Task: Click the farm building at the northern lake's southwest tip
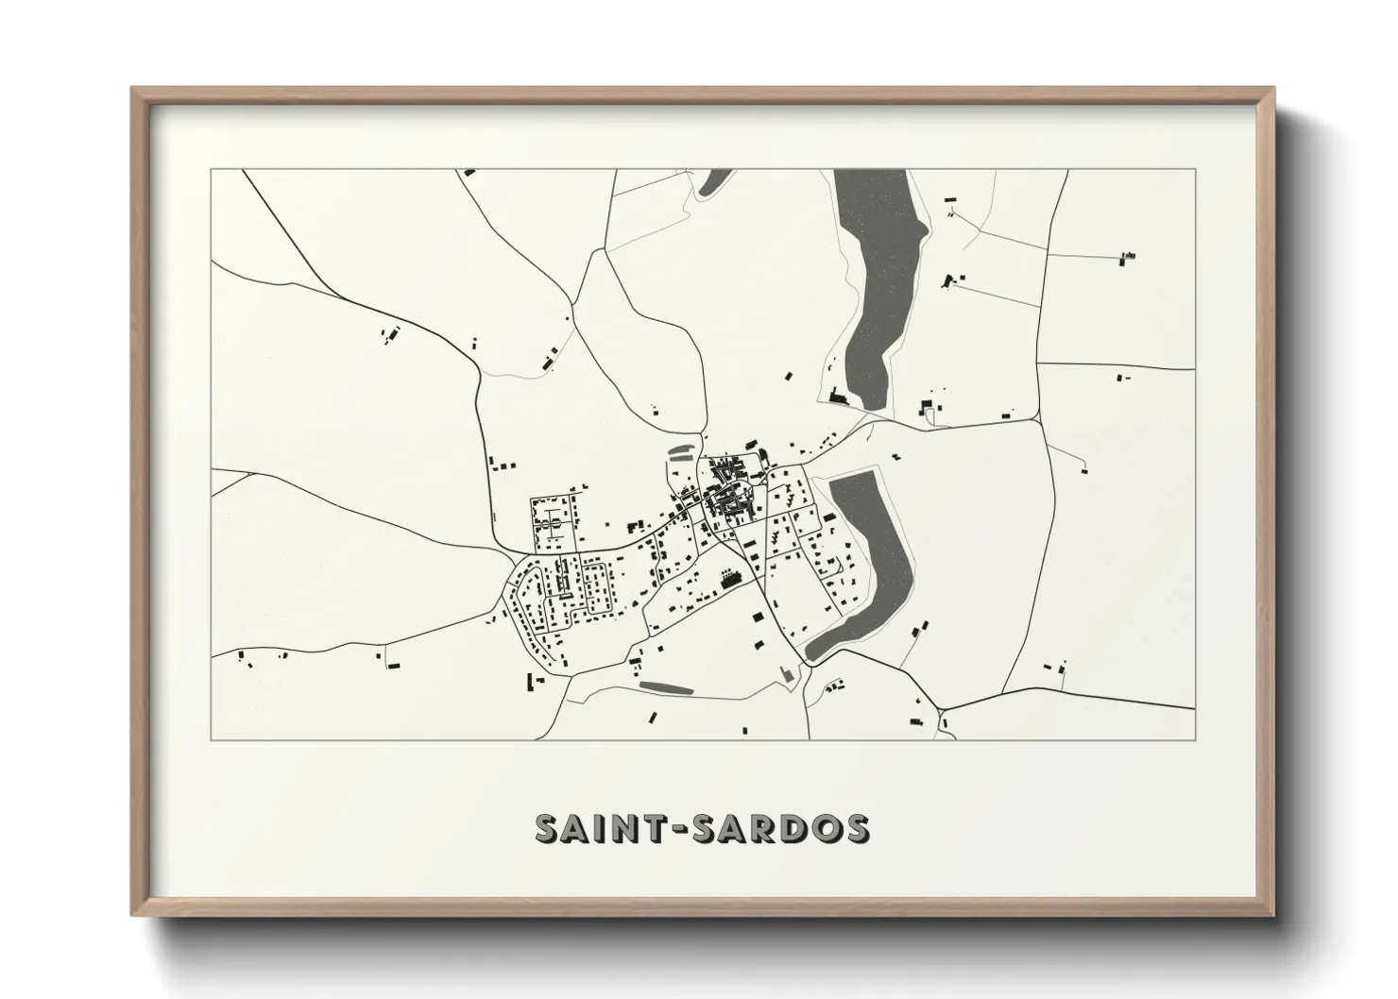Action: click(x=837, y=398)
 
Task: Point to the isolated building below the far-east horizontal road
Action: click(x=1121, y=378)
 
